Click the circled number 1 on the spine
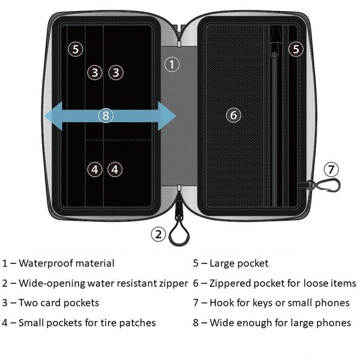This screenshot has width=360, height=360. (x=172, y=64)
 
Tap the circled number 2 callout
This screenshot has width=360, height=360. (x=158, y=234)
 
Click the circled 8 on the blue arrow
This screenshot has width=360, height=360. (x=106, y=115)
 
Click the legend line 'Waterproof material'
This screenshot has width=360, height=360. (x=58, y=263)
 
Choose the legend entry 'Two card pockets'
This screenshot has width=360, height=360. (x=51, y=303)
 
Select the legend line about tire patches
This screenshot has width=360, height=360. (x=79, y=323)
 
